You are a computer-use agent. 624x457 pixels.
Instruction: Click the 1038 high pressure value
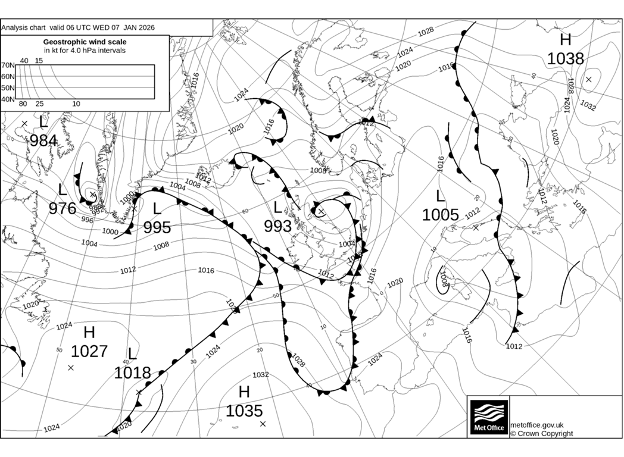coord(565,58)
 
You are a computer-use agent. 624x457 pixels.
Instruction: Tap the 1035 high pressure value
coord(244,411)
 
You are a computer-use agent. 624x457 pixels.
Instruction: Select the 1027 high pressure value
coord(89,350)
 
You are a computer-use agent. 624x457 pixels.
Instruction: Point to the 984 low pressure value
coord(43,140)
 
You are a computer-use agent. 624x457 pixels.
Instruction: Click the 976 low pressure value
coord(63,208)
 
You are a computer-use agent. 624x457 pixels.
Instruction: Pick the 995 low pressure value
coord(157,227)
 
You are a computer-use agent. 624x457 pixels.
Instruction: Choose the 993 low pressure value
coord(277,226)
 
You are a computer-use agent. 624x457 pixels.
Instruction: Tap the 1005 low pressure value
coord(440,214)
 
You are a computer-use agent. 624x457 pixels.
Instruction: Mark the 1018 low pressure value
coord(132,373)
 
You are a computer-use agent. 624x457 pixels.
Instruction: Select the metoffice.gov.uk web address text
coord(537,425)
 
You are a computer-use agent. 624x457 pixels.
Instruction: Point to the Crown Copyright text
coord(541,434)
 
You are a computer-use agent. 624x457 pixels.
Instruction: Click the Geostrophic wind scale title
coord(85,42)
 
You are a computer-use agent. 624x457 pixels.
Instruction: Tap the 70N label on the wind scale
coord(7,65)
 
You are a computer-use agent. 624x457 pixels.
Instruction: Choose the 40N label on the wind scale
coord(7,99)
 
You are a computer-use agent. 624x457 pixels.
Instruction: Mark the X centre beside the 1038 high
coord(588,79)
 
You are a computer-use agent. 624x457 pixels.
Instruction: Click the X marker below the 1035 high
coord(263,424)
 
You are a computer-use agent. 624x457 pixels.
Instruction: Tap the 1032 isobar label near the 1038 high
coord(588,106)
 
